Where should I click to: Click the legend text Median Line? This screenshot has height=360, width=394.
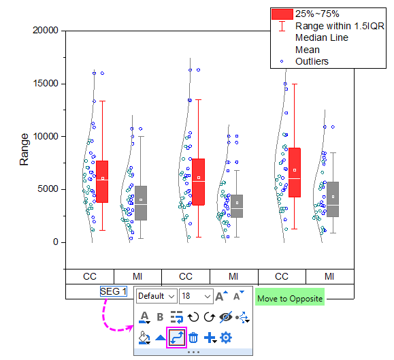point(322,37)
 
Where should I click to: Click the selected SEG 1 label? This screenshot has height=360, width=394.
point(114,291)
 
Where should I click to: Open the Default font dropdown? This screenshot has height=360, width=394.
point(156,297)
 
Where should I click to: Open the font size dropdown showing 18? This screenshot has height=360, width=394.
point(195,297)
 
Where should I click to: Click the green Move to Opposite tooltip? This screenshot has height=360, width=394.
point(290,298)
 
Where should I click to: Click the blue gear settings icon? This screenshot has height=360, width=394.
point(226,337)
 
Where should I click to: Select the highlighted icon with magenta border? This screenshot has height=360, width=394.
point(177,337)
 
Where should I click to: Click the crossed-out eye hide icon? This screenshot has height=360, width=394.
point(226,316)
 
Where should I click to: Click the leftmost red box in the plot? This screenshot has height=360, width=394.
point(102,182)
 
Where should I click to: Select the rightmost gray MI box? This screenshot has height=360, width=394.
point(332,199)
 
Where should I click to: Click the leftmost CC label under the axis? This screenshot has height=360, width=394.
point(90,276)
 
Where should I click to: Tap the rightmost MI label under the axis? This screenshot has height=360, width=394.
point(329,276)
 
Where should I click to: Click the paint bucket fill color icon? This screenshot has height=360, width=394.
point(144,338)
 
